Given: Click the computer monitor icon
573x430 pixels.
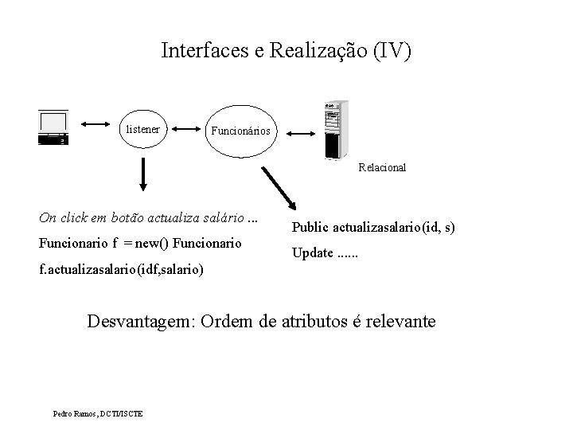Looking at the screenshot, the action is pyautogui.click(x=53, y=127).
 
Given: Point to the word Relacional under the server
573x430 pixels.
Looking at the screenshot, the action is pyautogui.click(x=382, y=168).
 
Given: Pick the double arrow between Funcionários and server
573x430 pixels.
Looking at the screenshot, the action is pyautogui.click(x=302, y=133).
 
